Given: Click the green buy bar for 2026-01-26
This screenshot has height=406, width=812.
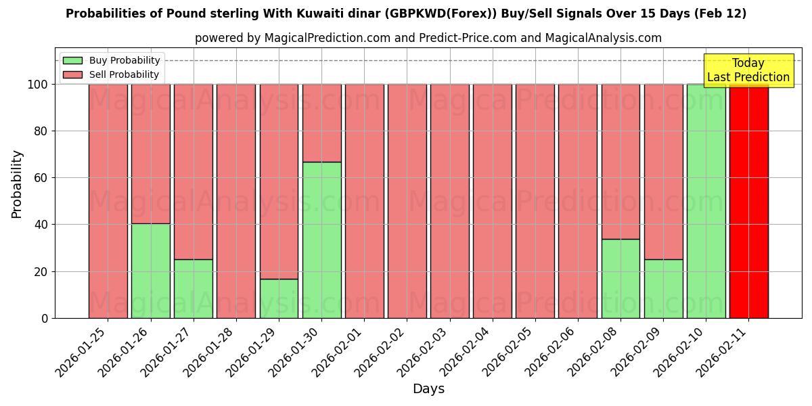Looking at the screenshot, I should (x=150, y=271).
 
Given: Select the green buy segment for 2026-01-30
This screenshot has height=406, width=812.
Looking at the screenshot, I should (x=321, y=240).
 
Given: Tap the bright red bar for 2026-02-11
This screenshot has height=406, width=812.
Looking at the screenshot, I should (x=748, y=201).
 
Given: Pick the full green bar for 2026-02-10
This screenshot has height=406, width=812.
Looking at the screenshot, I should (x=706, y=201).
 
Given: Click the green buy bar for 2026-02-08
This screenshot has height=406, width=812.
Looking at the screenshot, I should (x=621, y=278).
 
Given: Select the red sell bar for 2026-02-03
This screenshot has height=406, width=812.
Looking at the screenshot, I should (x=449, y=201).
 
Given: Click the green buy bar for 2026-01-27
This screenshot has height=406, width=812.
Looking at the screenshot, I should (x=193, y=288).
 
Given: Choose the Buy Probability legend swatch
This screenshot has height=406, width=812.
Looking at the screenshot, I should (x=72, y=61).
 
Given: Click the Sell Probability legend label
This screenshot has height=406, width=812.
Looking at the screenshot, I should (x=124, y=75).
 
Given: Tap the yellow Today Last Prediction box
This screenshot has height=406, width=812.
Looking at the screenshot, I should (x=748, y=70).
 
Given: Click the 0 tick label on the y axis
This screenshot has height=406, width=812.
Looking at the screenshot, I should (x=45, y=318).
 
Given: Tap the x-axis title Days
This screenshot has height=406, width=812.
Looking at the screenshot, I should (x=428, y=389).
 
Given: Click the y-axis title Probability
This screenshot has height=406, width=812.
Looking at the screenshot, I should (x=17, y=183).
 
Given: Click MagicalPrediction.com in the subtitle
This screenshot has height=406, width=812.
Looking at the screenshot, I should (x=330, y=38).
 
